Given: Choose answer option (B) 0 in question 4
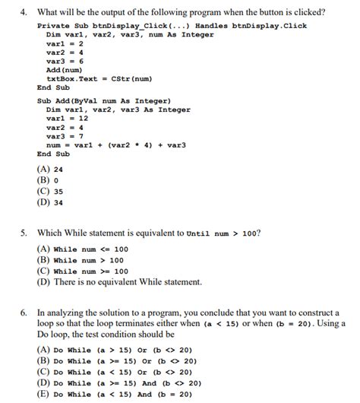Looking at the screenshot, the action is point(46,181).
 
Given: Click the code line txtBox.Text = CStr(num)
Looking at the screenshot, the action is point(99,78).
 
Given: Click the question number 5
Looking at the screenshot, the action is point(24,234).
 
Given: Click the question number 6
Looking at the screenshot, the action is point(24,313).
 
